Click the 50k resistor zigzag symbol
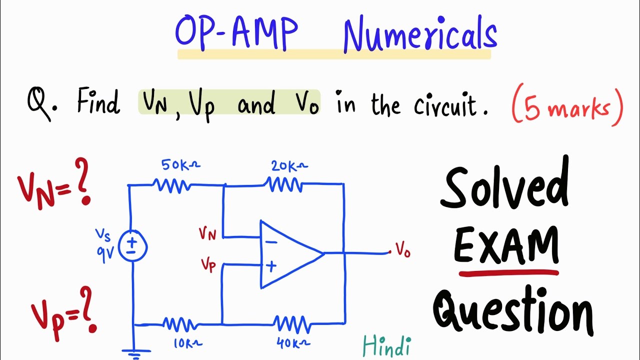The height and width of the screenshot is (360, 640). click(174, 185)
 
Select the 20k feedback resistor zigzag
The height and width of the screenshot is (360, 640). click(285, 185)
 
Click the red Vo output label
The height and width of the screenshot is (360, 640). click(402, 249)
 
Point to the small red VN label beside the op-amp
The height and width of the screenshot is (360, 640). click(207, 233)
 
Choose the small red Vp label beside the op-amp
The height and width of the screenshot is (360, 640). click(208, 265)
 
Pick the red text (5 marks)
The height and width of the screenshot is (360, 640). click(567, 107)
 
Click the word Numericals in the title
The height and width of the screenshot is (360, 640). click(420, 35)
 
